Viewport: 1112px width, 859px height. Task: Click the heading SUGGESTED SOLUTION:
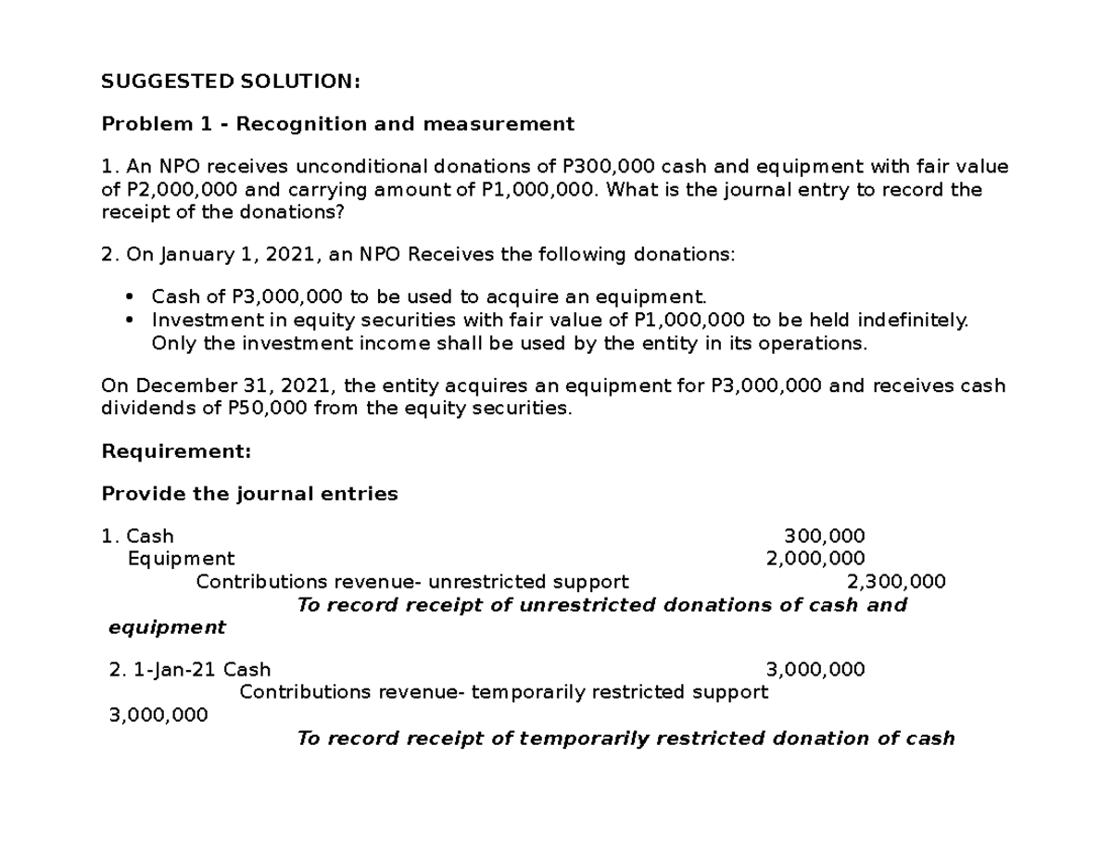(x=230, y=82)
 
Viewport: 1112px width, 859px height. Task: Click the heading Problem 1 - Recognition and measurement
(x=337, y=124)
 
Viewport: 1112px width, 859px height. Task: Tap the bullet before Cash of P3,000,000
(x=129, y=297)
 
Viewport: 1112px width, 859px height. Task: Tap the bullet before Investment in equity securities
(x=129, y=320)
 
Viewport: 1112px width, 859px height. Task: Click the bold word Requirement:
(x=176, y=452)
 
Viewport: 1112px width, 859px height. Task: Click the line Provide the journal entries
(x=249, y=494)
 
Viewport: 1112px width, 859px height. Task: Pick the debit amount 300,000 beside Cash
(x=825, y=536)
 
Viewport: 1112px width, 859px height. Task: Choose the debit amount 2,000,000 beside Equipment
(x=815, y=559)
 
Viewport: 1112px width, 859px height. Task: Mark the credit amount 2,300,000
(x=896, y=582)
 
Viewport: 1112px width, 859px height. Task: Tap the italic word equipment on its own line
(x=167, y=627)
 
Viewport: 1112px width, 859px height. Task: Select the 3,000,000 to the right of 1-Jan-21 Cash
(x=815, y=669)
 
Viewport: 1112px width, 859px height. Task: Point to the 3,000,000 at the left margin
(x=158, y=715)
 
